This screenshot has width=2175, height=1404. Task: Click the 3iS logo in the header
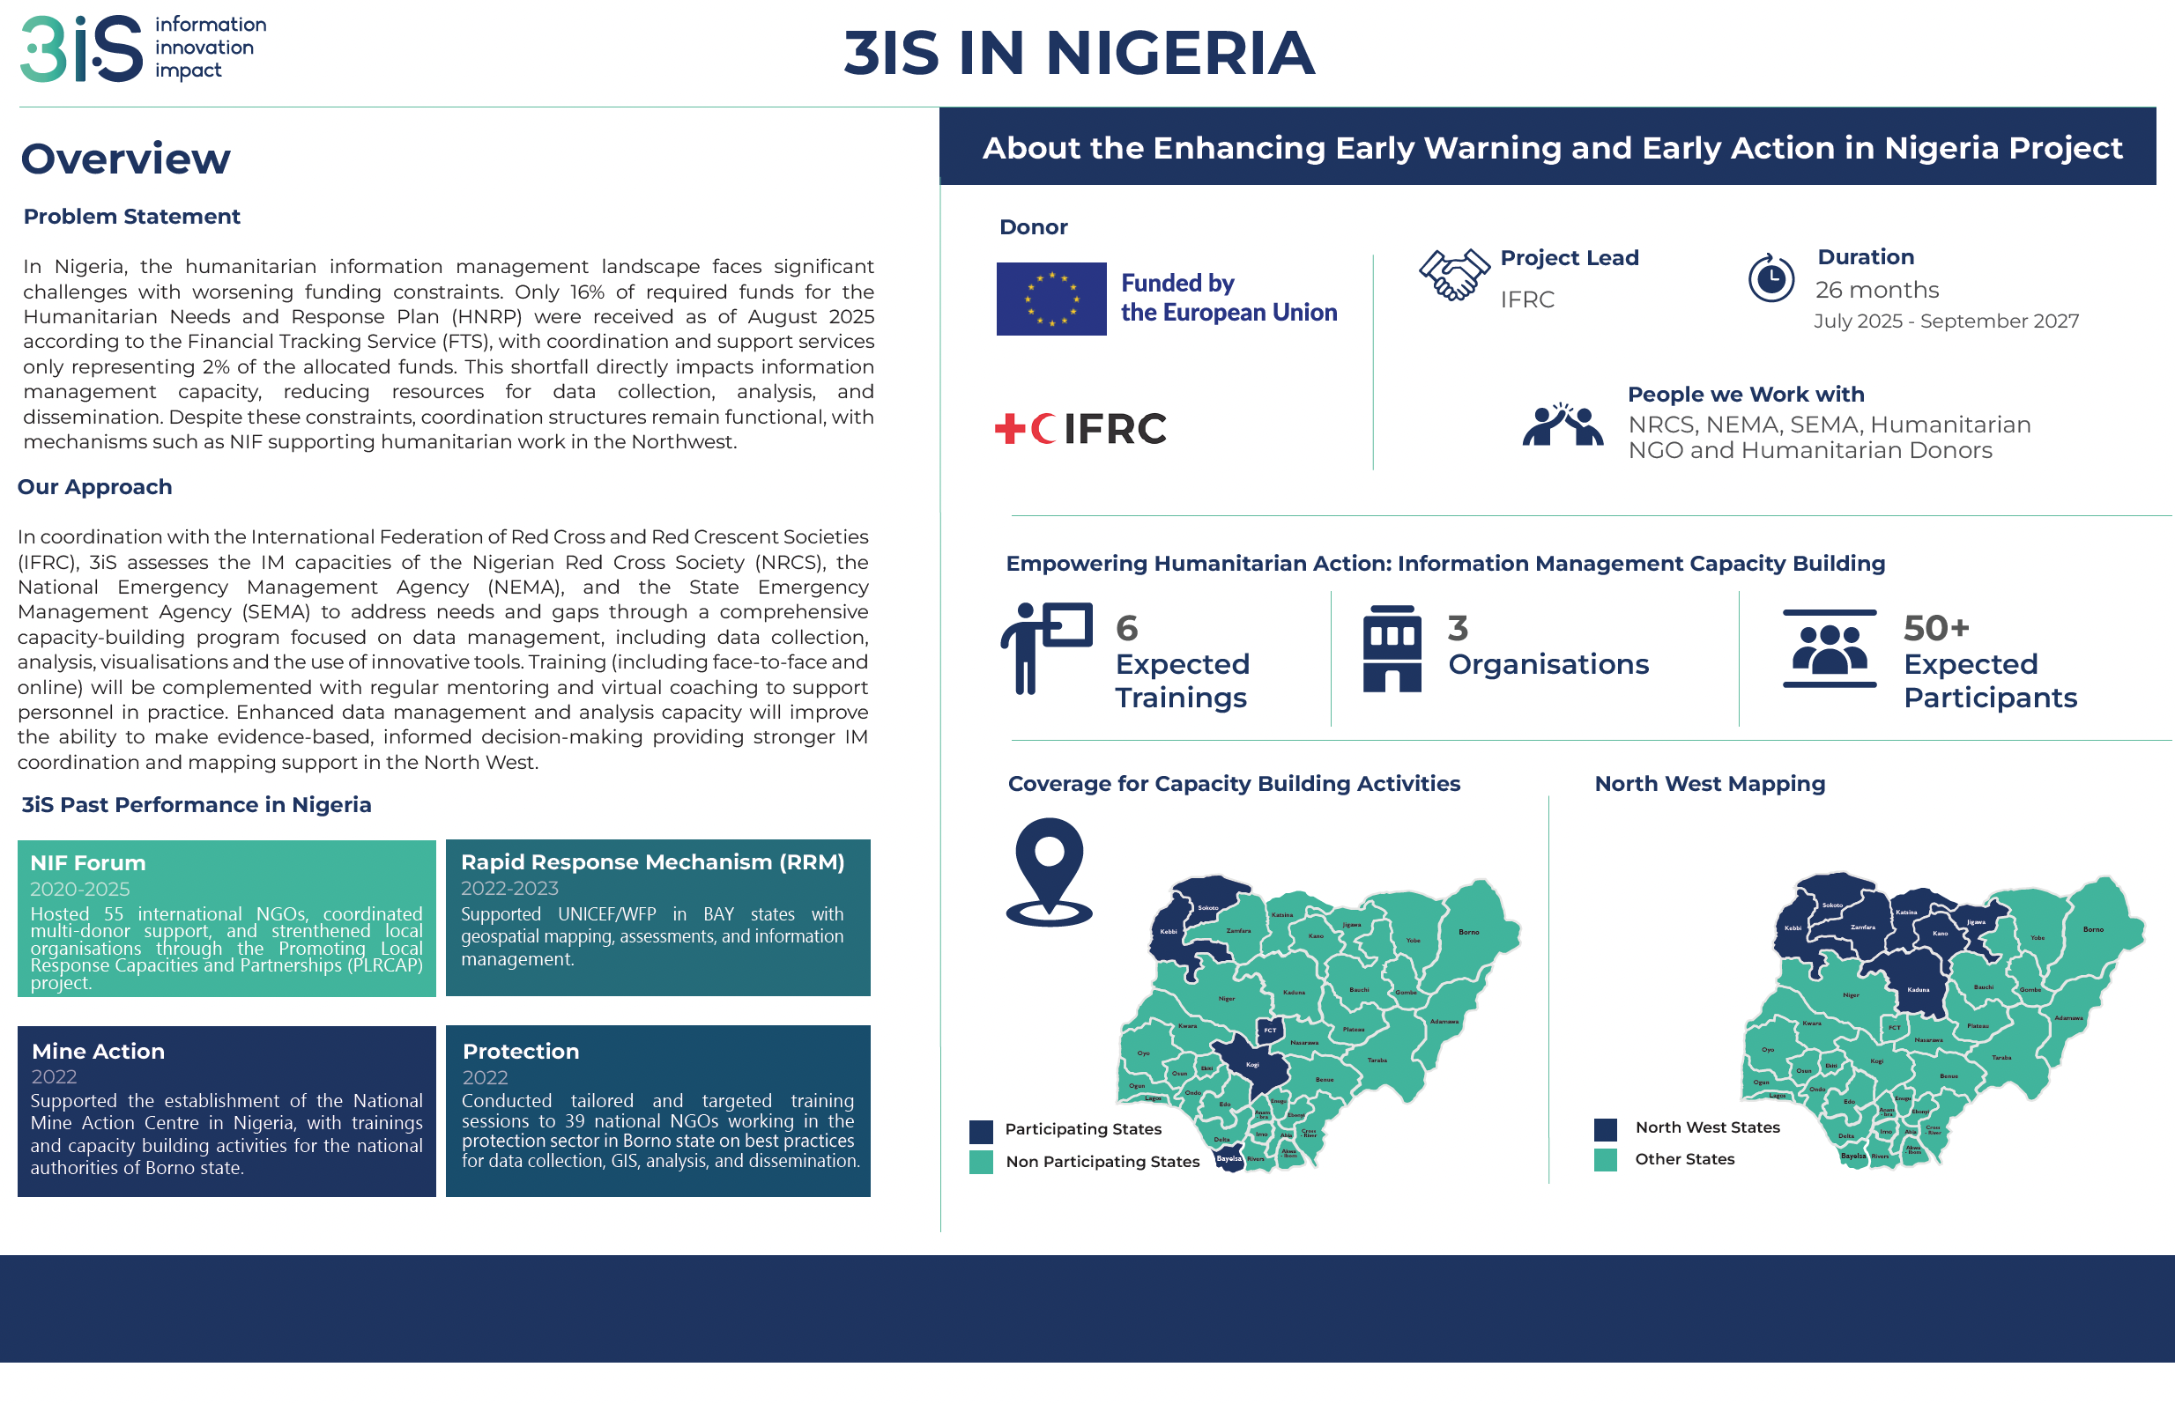click(82, 49)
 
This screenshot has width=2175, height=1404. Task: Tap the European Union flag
click(1050, 299)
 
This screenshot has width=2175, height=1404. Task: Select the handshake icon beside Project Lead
click(1452, 275)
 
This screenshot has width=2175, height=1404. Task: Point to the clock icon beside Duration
click(1770, 278)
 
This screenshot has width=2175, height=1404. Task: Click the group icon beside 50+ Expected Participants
click(1829, 648)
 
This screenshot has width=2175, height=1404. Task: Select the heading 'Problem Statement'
click(131, 217)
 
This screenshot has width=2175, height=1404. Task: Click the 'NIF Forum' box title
click(87, 862)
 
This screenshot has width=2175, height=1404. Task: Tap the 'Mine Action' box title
click(98, 1051)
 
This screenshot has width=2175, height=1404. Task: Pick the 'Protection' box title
click(520, 1051)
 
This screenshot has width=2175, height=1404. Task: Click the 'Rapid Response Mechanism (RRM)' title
click(652, 861)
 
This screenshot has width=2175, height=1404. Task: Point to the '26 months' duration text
click(1876, 290)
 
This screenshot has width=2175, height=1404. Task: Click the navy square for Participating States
click(980, 1132)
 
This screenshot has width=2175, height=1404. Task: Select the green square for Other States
click(1605, 1160)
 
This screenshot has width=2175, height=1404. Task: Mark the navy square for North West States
click(1605, 1129)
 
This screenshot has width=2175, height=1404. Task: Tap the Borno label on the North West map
click(2093, 929)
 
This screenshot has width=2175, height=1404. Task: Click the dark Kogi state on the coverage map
click(1254, 1064)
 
